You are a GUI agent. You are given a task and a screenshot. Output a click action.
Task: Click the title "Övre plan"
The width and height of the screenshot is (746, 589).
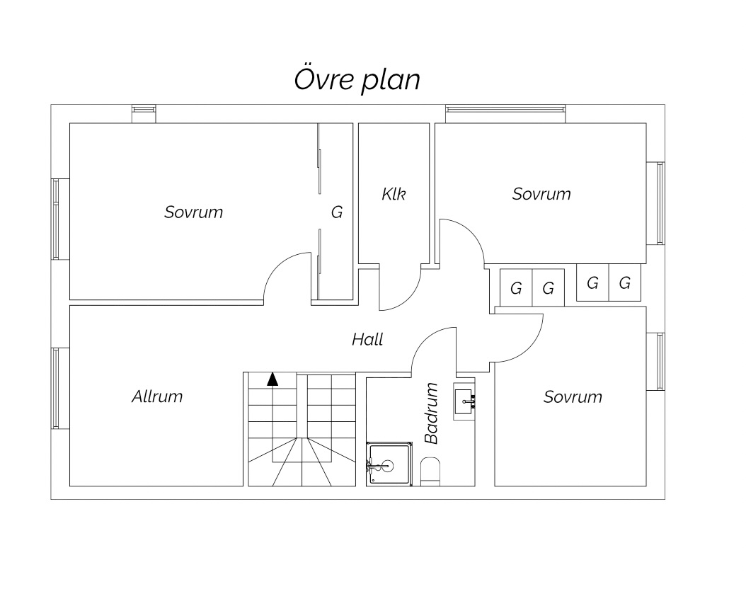(x=357, y=79)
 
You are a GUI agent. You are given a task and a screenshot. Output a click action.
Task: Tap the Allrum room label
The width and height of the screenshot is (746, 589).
(x=157, y=396)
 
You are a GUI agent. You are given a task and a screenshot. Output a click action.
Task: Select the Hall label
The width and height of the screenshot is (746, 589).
(x=367, y=339)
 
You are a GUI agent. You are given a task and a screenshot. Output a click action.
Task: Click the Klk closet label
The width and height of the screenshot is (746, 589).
(x=394, y=194)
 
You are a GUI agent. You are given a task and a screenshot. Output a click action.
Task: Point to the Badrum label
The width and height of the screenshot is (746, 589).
(x=431, y=413)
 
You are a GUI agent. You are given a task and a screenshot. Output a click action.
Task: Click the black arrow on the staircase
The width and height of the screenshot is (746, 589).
(x=272, y=379)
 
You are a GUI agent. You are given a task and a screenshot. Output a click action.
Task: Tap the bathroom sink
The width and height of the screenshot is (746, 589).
(x=464, y=401)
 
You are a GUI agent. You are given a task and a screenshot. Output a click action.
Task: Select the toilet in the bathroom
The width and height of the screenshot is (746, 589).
(x=430, y=471)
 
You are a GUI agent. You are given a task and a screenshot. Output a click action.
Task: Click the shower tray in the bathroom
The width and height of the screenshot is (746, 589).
(x=389, y=464)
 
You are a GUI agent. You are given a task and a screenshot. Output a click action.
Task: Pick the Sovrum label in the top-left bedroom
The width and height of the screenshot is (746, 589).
(x=194, y=212)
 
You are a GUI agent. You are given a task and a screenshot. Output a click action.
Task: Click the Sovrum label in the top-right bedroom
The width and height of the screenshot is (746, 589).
(x=541, y=194)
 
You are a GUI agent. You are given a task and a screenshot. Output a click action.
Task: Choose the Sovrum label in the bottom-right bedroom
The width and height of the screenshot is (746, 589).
(x=573, y=396)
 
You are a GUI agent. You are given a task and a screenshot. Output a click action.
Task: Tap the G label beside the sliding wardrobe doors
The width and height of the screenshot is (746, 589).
(x=337, y=212)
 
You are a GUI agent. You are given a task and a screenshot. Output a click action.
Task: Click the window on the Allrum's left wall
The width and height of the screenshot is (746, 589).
(x=56, y=388)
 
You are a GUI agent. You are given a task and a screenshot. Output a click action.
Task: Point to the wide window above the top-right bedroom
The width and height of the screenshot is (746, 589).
(x=506, y=110)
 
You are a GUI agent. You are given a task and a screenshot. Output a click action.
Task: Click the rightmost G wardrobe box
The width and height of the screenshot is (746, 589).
(x=625, y=283)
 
